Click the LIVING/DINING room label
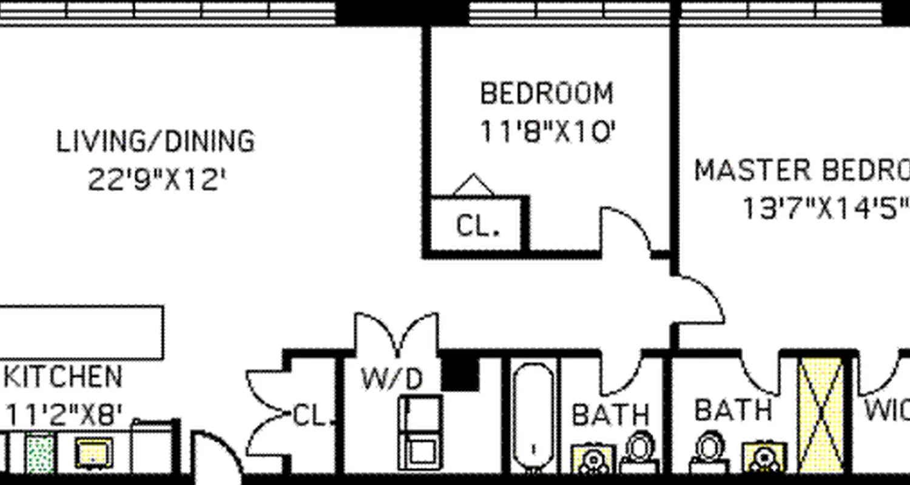coord(155,141)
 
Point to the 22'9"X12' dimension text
coord(157,179)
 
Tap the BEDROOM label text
coord(547,94)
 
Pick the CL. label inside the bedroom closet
coord(478,227)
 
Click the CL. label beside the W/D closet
coord(312,416)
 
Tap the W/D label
coord(391,380)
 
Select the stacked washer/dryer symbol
coord(420,432)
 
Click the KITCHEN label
coord(62,377)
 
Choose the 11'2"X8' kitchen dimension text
coord(64,416)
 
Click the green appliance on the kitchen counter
coord(40,454)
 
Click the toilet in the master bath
coord(707,452)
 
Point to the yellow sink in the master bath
coord(764,458)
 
